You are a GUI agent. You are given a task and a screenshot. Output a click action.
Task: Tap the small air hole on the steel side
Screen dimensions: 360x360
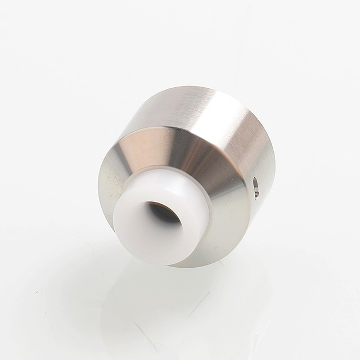coord(256,187)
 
